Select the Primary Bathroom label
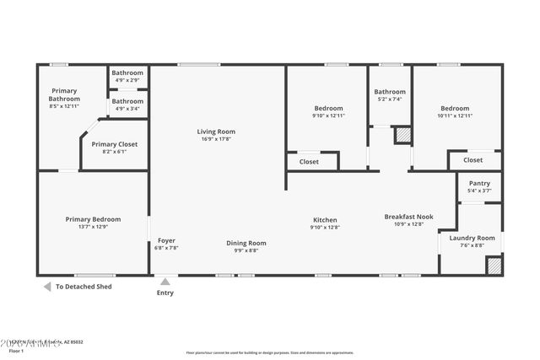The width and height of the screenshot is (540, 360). coord(64,94)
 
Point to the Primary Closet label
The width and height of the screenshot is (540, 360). coord(114,144)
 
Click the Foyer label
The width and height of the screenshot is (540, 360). coord(166,240)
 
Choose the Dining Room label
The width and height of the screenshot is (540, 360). coord(246,243)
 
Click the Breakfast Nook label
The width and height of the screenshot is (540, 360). coord(408,217)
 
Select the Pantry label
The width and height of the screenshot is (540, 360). coord(478,184)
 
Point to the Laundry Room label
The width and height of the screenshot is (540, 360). coord(472,239)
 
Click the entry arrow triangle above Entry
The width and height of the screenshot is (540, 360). coord(165,282)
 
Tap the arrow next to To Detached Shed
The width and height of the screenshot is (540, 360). coord(46,287)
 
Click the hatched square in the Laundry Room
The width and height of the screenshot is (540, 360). coord(494,266)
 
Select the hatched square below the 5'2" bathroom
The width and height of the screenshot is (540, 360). coord(402,135)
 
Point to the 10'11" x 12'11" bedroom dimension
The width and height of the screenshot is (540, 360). coord(460,116)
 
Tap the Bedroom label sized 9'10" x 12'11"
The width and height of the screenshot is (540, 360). coord(328,108)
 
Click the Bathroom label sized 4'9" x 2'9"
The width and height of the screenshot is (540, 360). coord(127,73)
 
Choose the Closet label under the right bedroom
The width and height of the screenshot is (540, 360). coord(472,160)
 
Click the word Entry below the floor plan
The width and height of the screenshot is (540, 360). coord(166,293)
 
